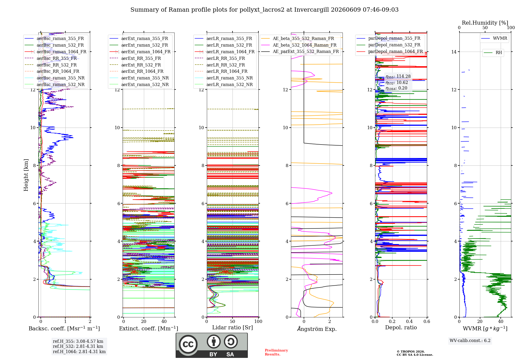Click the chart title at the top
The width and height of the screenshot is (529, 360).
264,10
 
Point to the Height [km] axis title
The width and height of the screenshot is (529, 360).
26,175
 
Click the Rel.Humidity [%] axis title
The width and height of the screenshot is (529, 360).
485,23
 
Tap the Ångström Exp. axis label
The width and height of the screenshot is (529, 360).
317,329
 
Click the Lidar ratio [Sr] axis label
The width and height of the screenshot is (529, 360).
232,327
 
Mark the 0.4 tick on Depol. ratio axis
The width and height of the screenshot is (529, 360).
409,321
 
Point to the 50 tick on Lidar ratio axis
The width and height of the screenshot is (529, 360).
232,321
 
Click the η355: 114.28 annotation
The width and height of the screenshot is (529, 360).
398,76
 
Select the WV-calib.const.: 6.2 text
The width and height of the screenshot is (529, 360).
470,341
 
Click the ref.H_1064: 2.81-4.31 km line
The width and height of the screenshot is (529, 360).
79,352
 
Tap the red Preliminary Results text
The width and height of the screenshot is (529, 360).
276,352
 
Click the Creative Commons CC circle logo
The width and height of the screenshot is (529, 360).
188,344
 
